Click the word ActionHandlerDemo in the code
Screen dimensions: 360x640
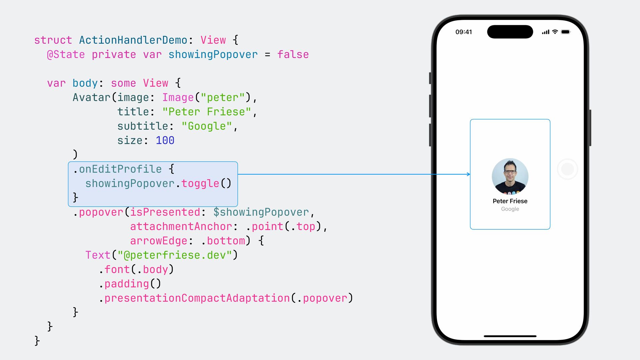coord(133,40)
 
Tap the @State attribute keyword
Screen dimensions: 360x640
coord(66,55)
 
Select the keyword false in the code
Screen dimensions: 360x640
coord(293,55)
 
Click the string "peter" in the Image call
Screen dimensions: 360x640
coord(223,98)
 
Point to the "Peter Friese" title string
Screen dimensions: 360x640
coord(207,112)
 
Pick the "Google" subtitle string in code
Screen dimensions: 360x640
coord(207,126)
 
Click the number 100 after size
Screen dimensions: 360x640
coord(165,141)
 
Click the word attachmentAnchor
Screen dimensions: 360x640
coord(181,227)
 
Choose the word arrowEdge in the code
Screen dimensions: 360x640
coord(159,241)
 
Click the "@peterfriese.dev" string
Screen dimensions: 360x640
coord(175,255)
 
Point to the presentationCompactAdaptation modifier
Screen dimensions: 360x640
coord(197,298)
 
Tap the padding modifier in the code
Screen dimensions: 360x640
coord(127,284)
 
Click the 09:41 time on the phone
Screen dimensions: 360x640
coord(464,32)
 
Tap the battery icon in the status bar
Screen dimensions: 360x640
coord(566,32)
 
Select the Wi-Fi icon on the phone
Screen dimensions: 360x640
coord(555,32)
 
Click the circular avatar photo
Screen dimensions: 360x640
coord(510,176)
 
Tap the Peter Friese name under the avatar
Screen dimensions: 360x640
coord(510,201)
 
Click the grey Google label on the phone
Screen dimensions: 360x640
coord(510,209)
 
